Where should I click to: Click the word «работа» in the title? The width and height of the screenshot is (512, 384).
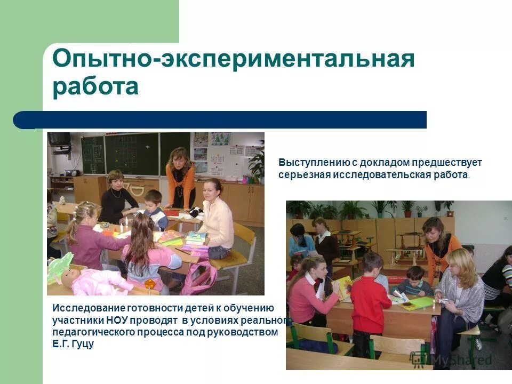click(x=95, y=86)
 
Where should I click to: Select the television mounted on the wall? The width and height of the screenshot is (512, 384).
click(x=59, y=139)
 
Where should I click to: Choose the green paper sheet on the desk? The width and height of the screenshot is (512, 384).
click(x=417, y=303)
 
